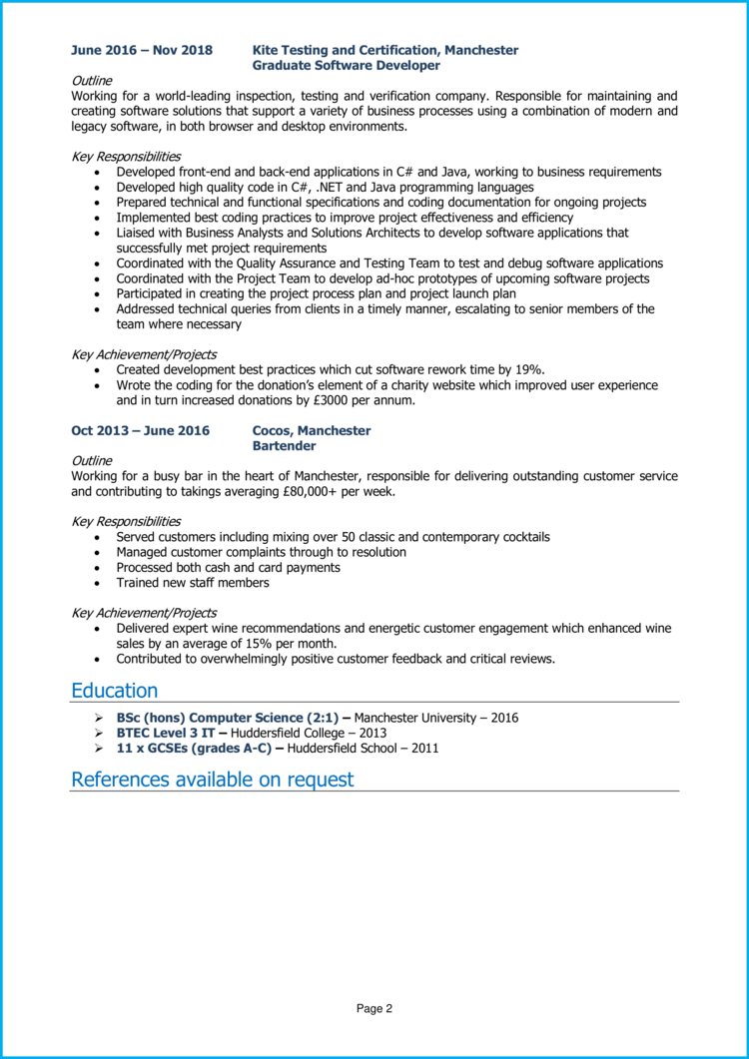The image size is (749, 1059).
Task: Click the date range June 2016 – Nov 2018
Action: coord(141,50)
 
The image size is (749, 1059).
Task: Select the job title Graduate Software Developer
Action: coord(346,65)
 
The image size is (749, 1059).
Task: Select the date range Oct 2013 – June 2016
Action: coord(140,431)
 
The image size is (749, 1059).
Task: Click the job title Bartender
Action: coord(285,446)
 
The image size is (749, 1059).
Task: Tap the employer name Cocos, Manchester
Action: coord(312,431)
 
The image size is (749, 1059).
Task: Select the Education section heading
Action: coord(114,691)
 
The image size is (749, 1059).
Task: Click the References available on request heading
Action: coord(212,780)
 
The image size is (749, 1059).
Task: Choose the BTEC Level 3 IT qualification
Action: coord(165,733)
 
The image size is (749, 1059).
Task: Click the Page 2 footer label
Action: coord(374,1009)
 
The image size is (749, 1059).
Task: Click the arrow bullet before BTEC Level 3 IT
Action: coord(98,733)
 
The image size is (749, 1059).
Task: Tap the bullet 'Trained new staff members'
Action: coord(193,583)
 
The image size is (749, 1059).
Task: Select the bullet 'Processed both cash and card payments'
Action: coord(228,568)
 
